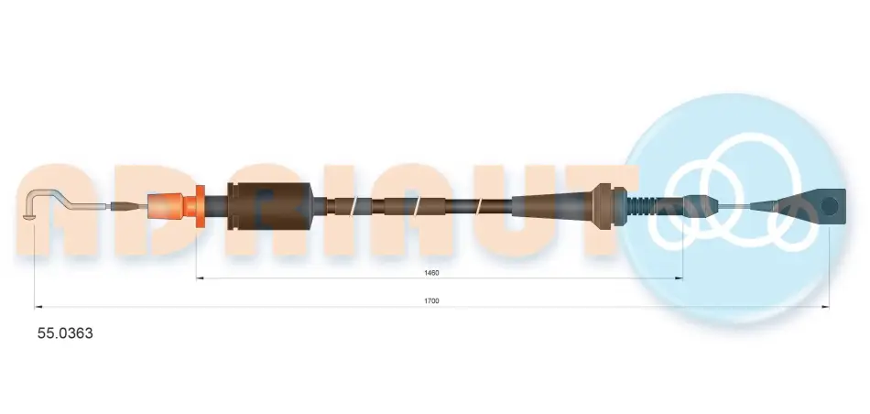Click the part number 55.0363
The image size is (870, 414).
click(x=65, y=333)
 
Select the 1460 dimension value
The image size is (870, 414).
click(x=431, y=272)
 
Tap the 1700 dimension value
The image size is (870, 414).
click(x=431, y=300)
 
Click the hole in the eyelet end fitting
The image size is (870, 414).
click(x=829, y=206)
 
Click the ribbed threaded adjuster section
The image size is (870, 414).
click(x=641, y=206)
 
